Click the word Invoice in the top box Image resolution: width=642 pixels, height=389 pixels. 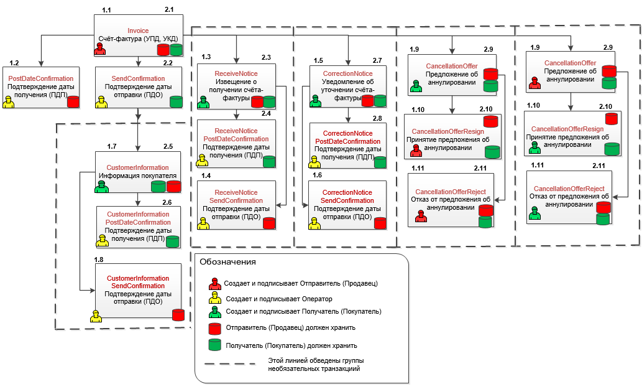pos(138,30)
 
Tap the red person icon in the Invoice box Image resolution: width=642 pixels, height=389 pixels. pos(100,50)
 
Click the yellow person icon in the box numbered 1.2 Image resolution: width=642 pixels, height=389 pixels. pos(9,102)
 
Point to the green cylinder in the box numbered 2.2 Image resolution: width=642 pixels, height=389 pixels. pos(177,102)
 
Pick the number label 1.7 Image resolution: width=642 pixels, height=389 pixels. pos(111,146)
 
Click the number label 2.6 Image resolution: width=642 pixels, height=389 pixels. pos(167,202)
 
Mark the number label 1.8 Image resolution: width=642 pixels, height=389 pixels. pos(99,259)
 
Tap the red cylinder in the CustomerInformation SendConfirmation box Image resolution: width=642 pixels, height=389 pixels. pos(178,315)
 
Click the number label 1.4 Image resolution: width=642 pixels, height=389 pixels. pos(205,176)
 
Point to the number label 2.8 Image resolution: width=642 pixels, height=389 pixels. pos(377,118)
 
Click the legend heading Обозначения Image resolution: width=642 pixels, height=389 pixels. pos(227,262)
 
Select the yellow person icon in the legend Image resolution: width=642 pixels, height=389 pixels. pos(214,299)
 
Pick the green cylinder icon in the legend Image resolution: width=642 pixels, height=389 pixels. pos(214,345)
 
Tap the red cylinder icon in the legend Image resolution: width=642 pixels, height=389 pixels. pos(214,327)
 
